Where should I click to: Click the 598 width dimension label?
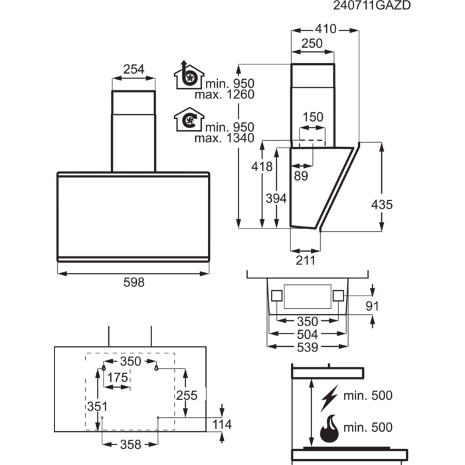point(134,282)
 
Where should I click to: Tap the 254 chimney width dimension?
point(134,68)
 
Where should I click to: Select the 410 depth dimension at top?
point(325,29)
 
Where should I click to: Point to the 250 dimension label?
point(311,44)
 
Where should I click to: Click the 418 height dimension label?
point(262,167)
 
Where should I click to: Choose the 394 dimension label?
point(276,198)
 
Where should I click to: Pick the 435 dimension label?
point(381,205)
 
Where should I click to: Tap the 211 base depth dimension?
point(305,260)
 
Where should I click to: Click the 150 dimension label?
point(313,118)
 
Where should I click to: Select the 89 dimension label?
point(301,175)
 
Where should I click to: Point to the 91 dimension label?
point(372,306)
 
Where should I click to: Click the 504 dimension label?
point(307,334)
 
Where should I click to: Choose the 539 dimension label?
point(307,347)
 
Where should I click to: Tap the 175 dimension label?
point(118,377)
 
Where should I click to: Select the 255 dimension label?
point(188,395)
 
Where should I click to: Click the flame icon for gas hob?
point(329,428)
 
